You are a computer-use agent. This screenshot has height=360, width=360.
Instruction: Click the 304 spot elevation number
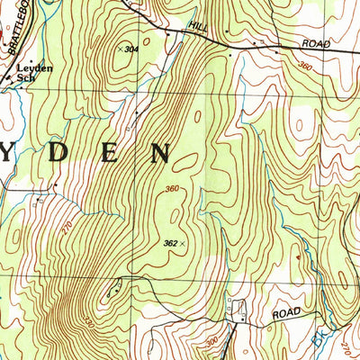coord(133,49)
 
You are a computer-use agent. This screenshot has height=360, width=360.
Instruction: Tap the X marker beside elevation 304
coord(121,49)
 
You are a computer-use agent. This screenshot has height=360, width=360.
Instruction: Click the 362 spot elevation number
coord(170,242)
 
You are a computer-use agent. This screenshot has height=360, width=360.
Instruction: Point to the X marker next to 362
coord(184,242)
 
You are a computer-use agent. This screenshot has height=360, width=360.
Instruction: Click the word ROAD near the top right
coord(316,43)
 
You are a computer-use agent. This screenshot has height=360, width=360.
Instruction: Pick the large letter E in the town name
coord(110,152)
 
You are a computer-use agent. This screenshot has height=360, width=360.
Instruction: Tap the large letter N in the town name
coord(160,152)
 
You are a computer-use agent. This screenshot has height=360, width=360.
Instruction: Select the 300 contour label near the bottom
coord(211,343)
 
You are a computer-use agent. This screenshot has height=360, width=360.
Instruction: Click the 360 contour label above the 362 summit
coord(173,188)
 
